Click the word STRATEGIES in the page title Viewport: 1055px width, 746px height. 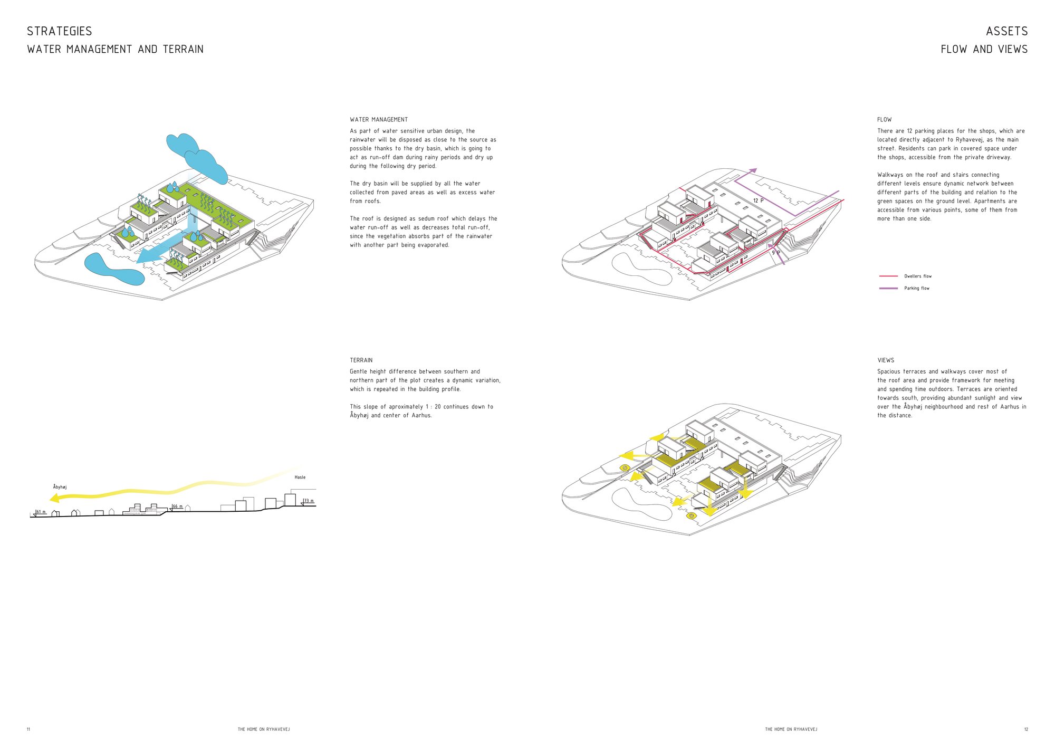[60, 31]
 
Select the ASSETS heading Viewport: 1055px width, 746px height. [1007, 31]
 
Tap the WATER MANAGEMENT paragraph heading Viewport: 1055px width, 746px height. [379, 120]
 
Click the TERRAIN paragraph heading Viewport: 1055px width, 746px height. [361, 360]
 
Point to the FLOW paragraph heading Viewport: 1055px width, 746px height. [885, 120]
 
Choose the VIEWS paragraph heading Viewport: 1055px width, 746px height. [886, 360]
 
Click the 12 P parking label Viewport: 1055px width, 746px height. [758, 200]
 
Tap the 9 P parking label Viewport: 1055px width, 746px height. [776, 253]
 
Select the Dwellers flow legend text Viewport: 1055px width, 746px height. [918, 276]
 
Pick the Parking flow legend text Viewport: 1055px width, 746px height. [917, 288]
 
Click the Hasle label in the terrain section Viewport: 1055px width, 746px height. [300, 477]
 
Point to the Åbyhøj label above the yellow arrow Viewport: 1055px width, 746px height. [60, 486]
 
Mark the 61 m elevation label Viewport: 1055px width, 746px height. [41, 512]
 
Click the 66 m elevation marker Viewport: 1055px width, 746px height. [177, 506]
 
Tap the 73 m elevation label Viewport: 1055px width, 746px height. [308, 501]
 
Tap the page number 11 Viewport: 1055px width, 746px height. [28, 729]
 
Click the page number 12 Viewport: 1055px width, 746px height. [1026, 729]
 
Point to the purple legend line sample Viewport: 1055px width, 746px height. [888, 288]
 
